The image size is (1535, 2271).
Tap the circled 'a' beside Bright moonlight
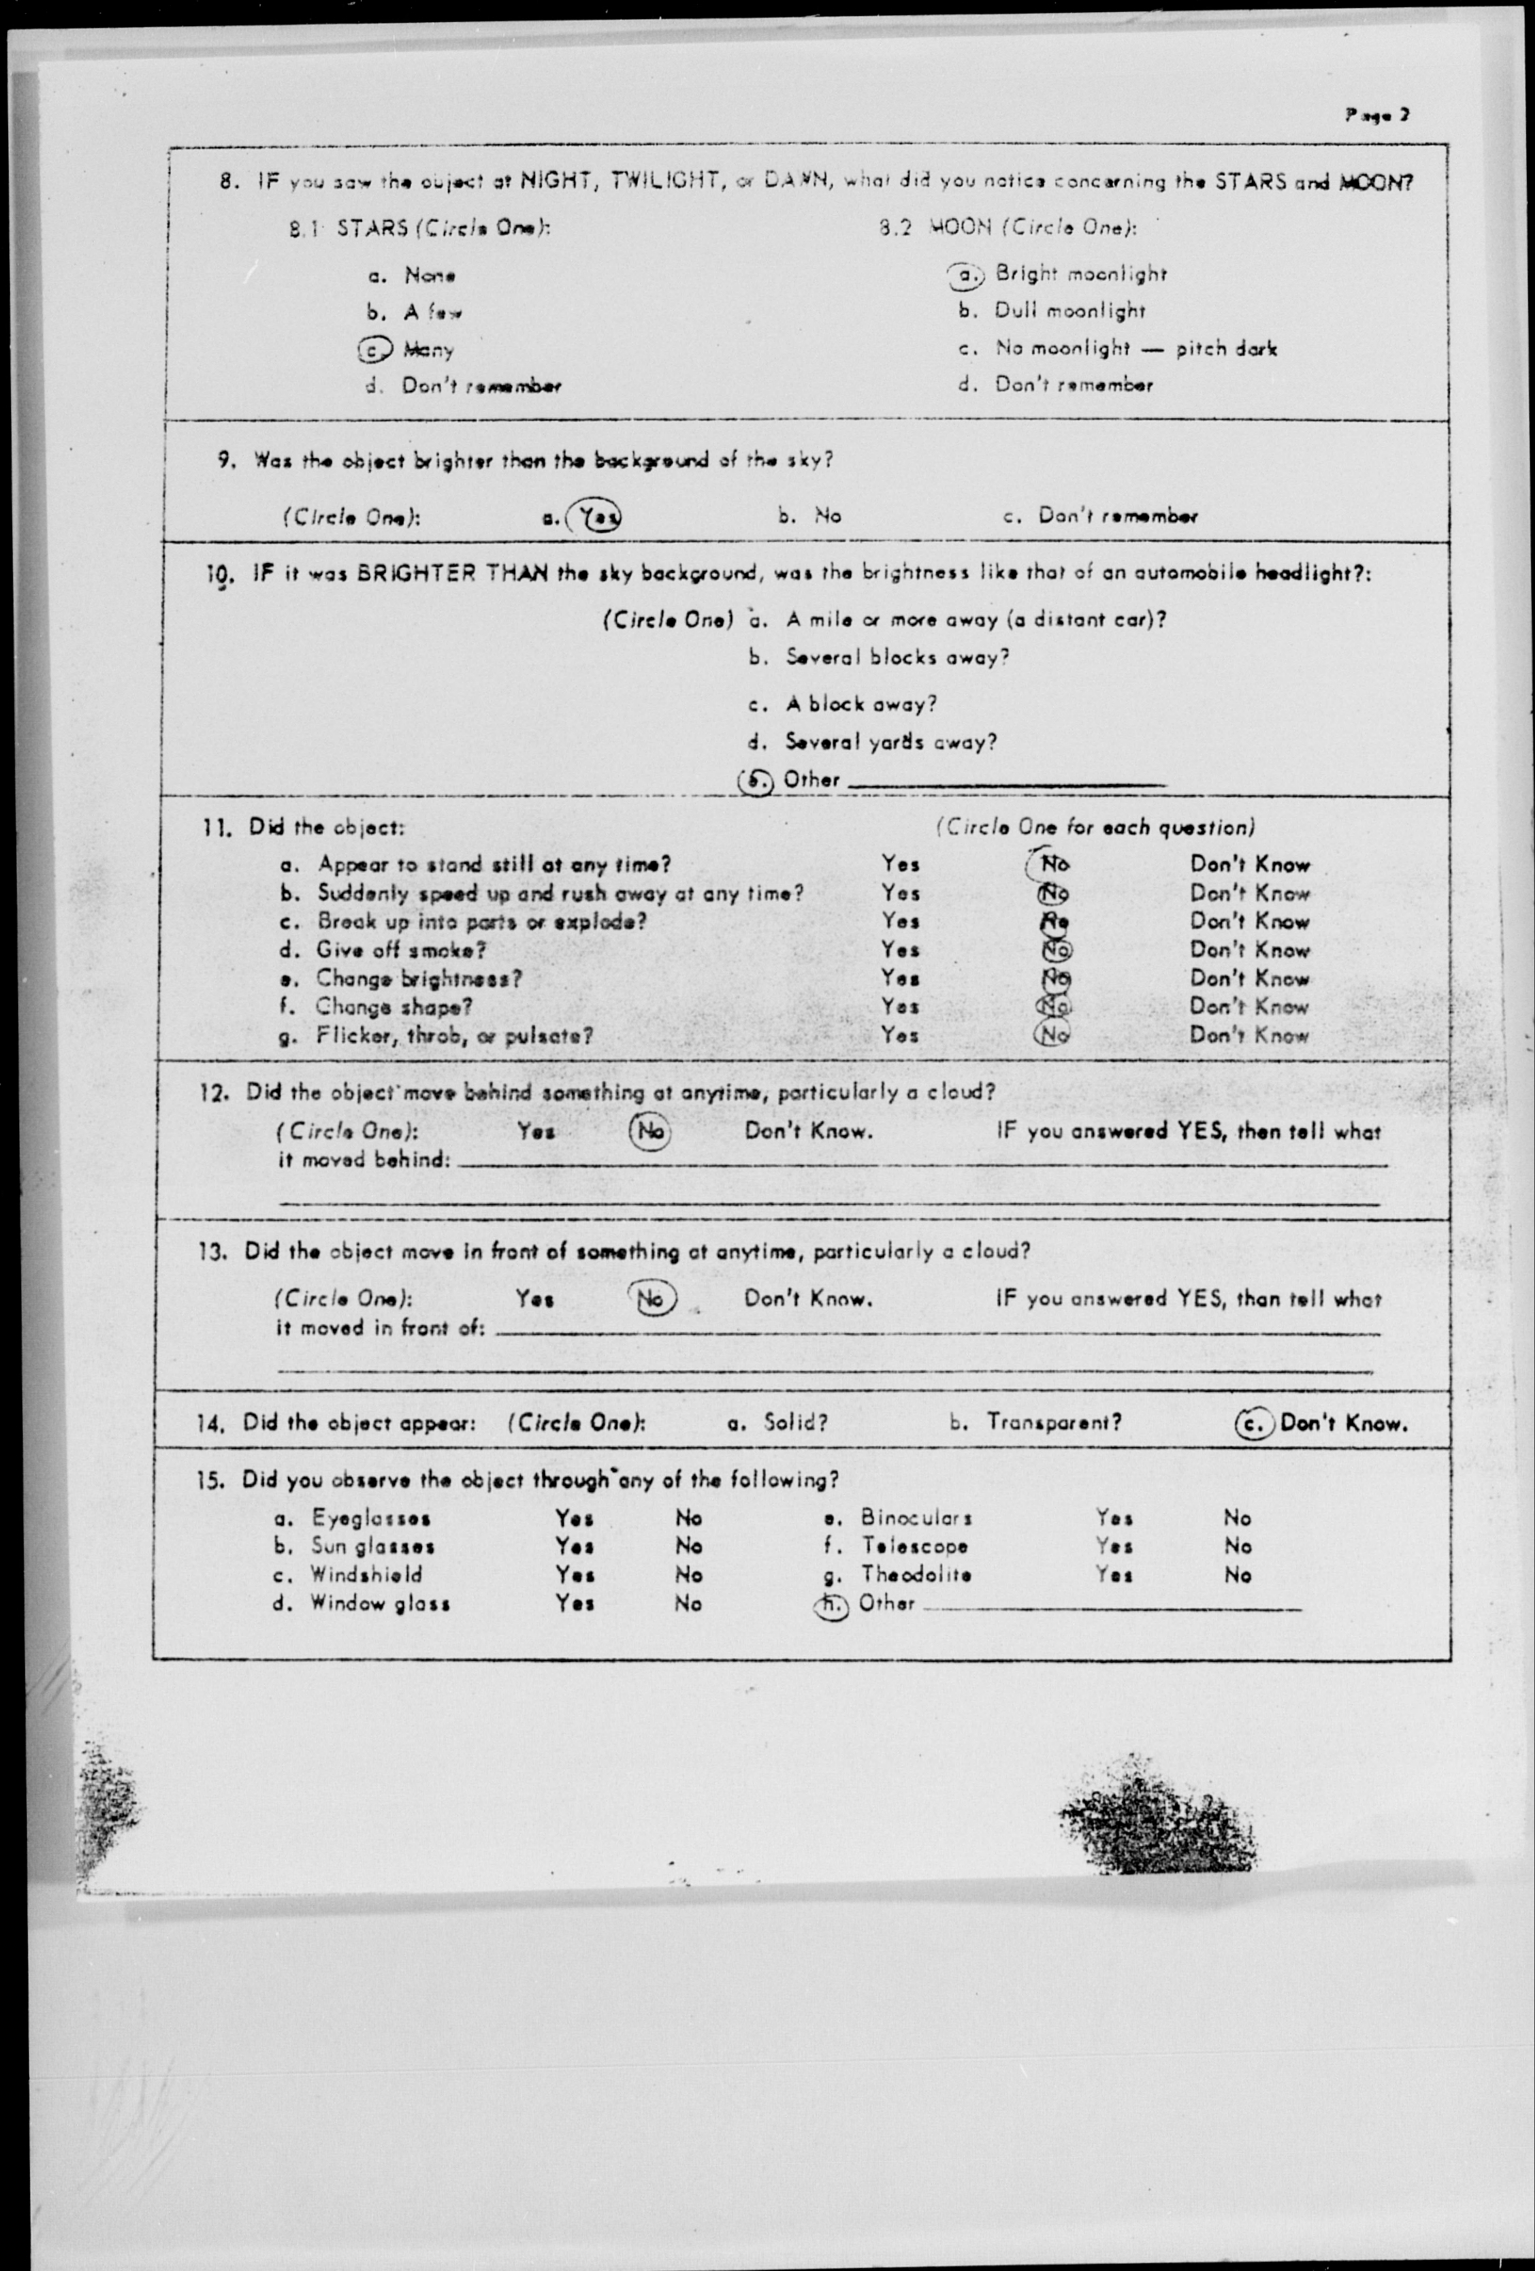[968, 275]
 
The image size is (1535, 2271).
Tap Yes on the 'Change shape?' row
[900, 1007]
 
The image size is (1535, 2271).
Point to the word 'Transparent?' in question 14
[1053, 1423]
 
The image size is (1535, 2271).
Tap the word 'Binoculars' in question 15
[916, 1517]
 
